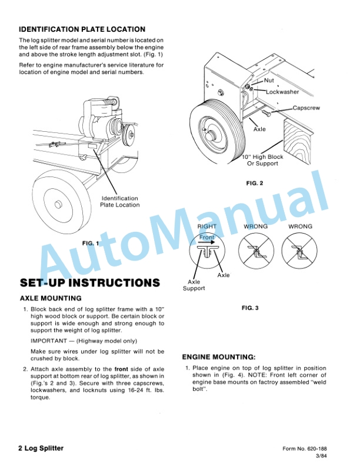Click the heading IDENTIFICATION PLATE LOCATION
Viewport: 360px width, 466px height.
(82, 29)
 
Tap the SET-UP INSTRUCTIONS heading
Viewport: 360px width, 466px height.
(89, 282)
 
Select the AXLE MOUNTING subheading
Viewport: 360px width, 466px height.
(51, 299)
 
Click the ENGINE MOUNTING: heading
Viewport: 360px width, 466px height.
(219, 357)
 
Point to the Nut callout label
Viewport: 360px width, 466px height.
(269, 80)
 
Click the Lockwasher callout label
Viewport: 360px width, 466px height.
(282, 92)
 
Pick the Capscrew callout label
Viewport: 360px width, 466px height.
(306, 108)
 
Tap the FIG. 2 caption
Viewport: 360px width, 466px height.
(255, 184)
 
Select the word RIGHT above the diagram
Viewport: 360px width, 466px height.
(206, 227)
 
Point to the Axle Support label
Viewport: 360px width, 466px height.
(194, 285)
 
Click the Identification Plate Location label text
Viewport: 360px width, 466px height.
(119, 202)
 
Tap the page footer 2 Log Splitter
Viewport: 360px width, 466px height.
(41, 448)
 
